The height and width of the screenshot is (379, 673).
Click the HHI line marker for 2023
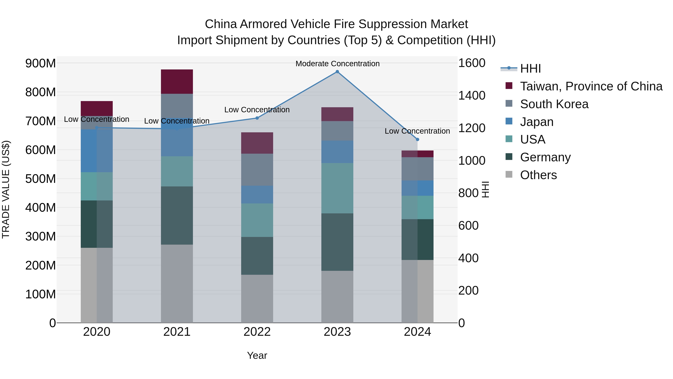click(337, 72)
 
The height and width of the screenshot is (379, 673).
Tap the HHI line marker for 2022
click(257, 118)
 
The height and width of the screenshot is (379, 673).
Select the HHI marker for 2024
click(417, 139)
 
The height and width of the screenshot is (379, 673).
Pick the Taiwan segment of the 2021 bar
click(177, 82)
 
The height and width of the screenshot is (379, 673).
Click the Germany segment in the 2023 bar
click(337, 242)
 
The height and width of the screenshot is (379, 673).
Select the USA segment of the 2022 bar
click(257, 220)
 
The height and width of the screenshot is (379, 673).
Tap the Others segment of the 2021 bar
click(177, 284)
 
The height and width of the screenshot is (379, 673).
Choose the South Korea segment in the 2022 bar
click(257, 170)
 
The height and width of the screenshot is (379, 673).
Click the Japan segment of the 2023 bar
click(337, 152)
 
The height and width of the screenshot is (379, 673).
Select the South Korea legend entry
click(554, 104)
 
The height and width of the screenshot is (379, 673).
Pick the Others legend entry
click(538, 175)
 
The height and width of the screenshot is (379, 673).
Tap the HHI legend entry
click(530, 69)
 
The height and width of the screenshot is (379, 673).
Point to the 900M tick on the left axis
click(41, 63)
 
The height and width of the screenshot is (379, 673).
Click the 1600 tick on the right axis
click(472, 63)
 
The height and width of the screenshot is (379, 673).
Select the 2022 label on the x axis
click(257, 332)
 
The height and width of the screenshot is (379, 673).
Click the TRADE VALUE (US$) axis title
click(6, 189)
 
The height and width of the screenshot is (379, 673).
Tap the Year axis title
click(257, 355)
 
